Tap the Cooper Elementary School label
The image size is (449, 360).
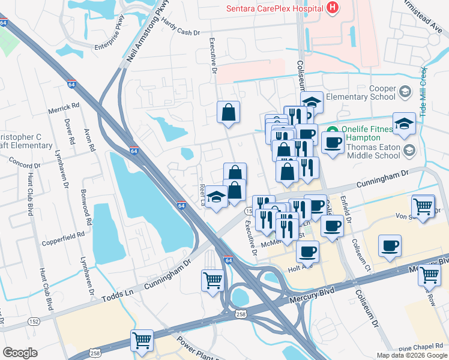point(366,92)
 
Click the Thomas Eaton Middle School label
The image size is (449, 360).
point(373,151)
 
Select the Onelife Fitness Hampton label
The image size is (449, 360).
point(366,133)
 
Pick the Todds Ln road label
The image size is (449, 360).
point(115,295)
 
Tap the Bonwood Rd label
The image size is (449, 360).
point(88,208)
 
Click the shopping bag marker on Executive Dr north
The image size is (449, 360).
point(229,112)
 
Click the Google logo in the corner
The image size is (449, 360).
point(20,352)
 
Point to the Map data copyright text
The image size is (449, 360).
point(412,355)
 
